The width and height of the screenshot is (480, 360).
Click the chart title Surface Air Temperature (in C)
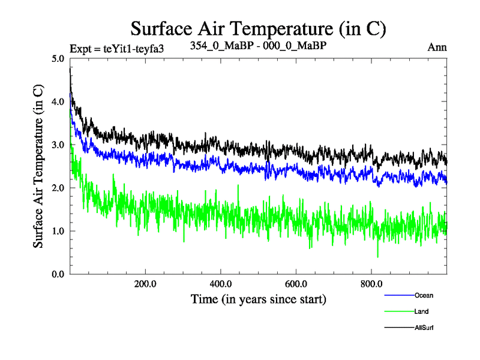point(257,28)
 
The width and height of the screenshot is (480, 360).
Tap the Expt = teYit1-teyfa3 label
point(117,48)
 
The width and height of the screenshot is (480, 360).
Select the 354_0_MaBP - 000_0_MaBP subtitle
point(258,46)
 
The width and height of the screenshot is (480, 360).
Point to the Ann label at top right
point(437,47)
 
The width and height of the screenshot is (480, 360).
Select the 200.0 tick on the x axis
point(145,284)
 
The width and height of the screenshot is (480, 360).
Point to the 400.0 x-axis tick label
point(221,284)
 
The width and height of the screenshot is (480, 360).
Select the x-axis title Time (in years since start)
point(258,298)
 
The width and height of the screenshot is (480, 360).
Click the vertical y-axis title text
point(38,166)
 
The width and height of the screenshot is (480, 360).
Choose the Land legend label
point(421,311)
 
